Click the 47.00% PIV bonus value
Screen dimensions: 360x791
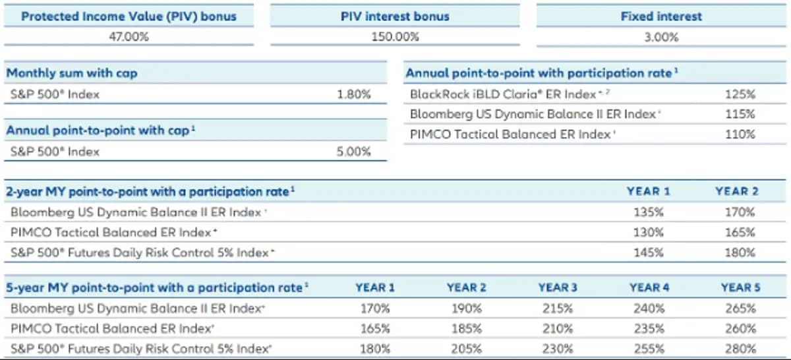click(x=129, y=37)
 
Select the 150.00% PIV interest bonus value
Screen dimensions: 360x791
click(x=394, y=37)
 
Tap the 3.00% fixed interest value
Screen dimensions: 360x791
click(x=660, y=37)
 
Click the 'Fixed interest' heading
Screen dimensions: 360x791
click(x=660, y=16)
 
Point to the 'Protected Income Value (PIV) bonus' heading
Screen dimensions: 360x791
click(x=129, y=16)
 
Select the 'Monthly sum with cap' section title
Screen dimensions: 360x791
click(x=72, y=73)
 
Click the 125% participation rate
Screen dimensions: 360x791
click(x=739, y=94)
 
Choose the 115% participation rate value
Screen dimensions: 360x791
click(x=739, y=114)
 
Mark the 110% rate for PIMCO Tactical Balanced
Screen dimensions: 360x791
click(x=739, y=135)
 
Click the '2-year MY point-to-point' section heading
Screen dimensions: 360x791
click(x=150, y=192)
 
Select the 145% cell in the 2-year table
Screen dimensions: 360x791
click(x=647, y=253)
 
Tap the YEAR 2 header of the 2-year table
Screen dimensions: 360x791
click(x=736, y=192)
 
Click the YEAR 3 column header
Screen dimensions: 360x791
click(x=557, y=287)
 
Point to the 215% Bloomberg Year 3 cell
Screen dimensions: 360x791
click(x=557, y=308)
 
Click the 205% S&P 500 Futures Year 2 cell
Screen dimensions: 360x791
click(x=466, y=349)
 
